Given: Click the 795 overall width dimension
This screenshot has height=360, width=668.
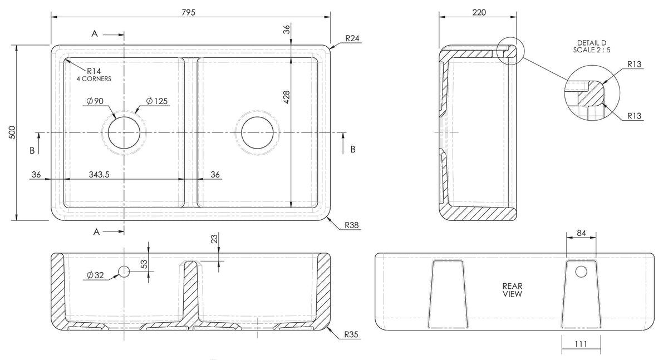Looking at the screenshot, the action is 188,12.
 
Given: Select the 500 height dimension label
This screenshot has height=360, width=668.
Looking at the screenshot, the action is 12,132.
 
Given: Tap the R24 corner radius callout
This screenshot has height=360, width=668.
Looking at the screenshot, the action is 352,38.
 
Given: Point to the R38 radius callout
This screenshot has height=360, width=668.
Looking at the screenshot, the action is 352,225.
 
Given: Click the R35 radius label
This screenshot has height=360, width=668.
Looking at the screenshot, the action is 351,334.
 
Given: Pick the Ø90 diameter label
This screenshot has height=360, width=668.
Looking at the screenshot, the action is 95,101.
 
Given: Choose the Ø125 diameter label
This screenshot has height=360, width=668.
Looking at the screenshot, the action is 157,101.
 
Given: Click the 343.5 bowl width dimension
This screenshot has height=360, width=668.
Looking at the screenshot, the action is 99,174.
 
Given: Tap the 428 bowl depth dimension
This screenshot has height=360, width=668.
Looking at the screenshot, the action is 287,97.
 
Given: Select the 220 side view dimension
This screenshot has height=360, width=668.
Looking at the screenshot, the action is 479,12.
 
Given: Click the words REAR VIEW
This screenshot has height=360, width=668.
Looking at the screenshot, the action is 512,290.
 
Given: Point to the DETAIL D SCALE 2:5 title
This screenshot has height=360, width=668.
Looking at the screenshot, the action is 592,47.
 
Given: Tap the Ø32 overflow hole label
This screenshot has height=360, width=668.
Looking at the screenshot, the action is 95,275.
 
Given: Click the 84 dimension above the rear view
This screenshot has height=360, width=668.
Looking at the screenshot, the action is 581,233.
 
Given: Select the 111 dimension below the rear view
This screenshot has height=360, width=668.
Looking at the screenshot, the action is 581,344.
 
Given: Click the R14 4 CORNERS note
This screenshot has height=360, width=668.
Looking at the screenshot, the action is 94,75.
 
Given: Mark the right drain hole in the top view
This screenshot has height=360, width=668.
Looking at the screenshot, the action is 257,132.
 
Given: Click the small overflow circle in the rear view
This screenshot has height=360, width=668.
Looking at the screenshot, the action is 581,272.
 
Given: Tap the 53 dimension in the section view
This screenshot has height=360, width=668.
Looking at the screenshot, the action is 144,264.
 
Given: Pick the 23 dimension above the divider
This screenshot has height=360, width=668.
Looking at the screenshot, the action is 214,239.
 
